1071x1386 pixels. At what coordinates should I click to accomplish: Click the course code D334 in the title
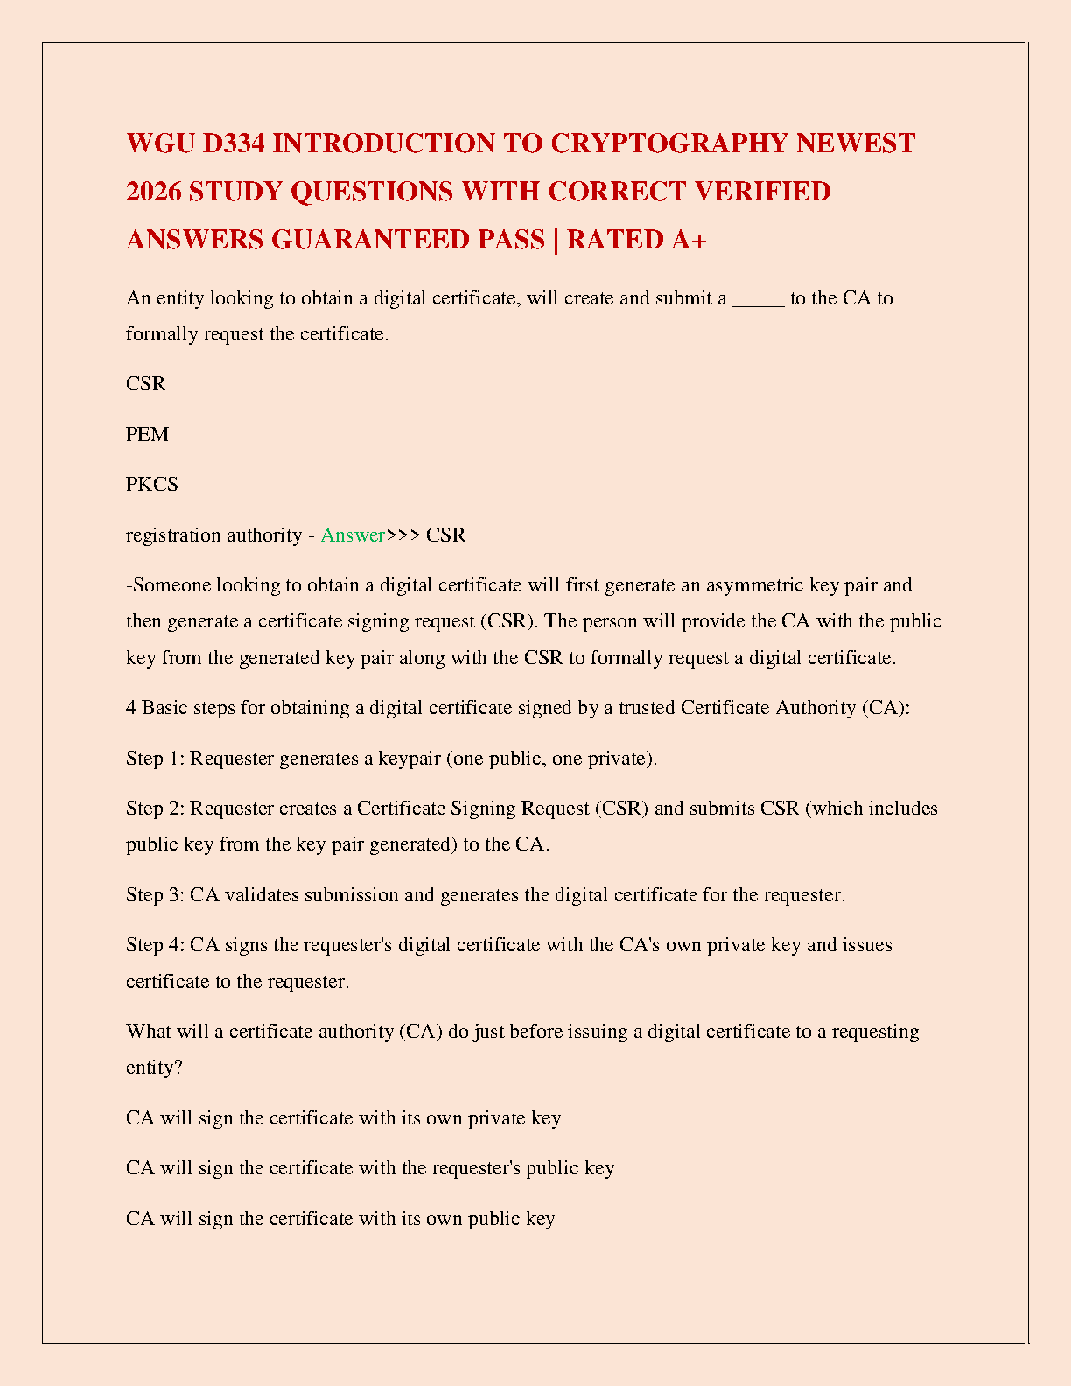point(234,143)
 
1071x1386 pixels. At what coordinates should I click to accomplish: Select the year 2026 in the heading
point(153,192)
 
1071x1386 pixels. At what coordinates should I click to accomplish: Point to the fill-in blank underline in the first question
point(758,299)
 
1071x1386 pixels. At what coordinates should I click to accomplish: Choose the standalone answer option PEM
point(147,435)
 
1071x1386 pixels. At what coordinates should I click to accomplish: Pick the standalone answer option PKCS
point(152,485)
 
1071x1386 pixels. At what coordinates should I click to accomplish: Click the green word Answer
point(353,535)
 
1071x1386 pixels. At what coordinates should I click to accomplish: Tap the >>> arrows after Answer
point(403,535)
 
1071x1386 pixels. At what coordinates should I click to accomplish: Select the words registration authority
point(213,535)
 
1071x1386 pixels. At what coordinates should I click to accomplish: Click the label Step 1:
point(156,759)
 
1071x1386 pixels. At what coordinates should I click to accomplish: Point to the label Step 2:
point(156,808)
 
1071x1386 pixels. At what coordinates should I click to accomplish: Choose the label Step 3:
point(156,895)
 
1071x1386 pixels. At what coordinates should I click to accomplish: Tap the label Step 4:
point(156,945)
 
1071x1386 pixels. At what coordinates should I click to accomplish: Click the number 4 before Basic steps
point(131,708)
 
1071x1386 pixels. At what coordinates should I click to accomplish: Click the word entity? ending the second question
point(154,1068)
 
